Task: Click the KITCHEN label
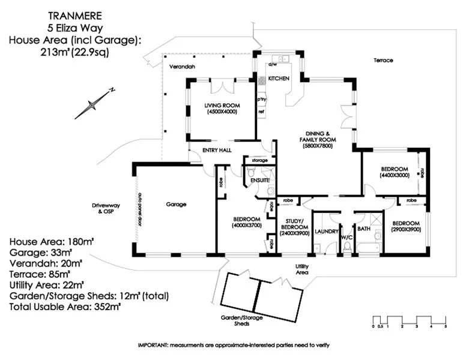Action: coord(279,79)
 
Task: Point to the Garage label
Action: coord(176,204)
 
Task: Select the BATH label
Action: coord(363,229)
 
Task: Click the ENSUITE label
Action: coord(260,180)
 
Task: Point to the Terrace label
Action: coord(383,60)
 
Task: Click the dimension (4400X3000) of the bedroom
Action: coord(393,176)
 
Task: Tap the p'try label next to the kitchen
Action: coord(261,100)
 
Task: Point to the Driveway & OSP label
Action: coord(106,208)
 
